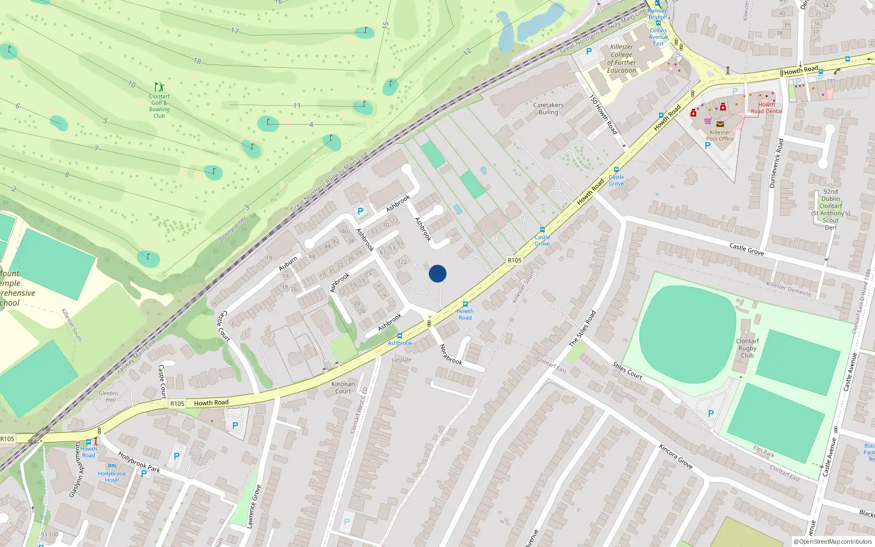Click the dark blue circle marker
click(437, 273)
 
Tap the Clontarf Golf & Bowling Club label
click(159, 106)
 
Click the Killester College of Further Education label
click(622, 59)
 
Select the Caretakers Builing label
click(548, 108)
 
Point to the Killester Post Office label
click(720, 135)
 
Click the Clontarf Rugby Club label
click(747, 348)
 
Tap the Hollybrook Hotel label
click(112, 476)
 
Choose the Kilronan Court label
click(343, 387)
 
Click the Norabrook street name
click(451, 354)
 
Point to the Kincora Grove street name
click(675, 457)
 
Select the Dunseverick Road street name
click(776, 163)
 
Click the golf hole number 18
click(197, 61)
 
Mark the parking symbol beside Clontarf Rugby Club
click(711, 414)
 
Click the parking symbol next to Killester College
click(589, 51)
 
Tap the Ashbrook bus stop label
click(400, 343)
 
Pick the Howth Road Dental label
click(766, 108)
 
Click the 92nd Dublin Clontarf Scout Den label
click(830, 210)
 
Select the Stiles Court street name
click(627, 370)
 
